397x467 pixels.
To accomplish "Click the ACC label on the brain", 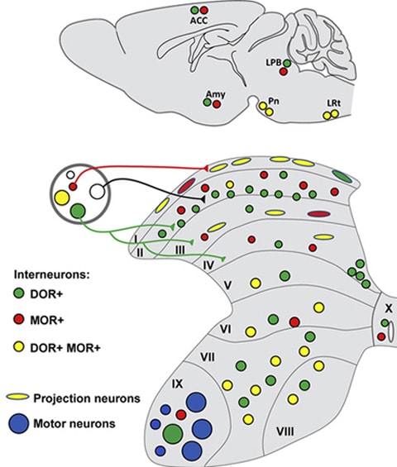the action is (x=198, y=21).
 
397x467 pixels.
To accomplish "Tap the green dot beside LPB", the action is (x=287, y=63).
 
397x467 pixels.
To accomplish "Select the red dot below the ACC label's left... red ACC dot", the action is (x=203, y=10).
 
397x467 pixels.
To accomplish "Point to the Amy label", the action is (x=216, y=94).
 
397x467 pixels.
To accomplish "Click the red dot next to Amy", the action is (x=217, y=104).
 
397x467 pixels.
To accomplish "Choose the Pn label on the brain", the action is (x=274, y=101).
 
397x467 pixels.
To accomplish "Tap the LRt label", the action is (x=333, y=103).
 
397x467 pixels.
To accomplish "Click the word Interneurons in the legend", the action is (x=51, y=274).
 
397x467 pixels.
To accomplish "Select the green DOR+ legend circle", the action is (x=19, y=293).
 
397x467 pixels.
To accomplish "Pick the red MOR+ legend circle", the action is (x=19, y=319).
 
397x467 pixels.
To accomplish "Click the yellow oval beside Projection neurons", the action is (x=18, y=397).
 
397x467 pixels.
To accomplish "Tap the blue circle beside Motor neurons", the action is (x=19, y=423).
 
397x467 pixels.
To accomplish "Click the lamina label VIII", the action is (x=285, y=431).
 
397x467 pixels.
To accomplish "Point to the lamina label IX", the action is (x=177, y=384).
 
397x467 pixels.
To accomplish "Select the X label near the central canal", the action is (x=389, y=309).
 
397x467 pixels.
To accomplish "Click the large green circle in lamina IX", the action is (x=173, y=434).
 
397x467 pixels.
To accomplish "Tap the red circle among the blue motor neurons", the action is (x=181, y=415).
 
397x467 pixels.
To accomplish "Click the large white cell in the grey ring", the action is (x=98, y=192).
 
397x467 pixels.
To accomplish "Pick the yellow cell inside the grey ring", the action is (x=62, y=198).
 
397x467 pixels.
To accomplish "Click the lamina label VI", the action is (x=225, y=329).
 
